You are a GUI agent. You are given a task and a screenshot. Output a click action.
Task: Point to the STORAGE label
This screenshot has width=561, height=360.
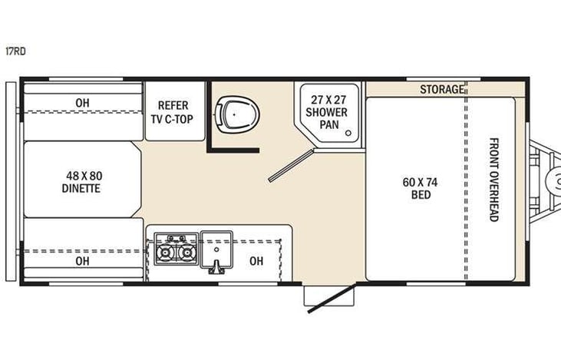pos(441,90)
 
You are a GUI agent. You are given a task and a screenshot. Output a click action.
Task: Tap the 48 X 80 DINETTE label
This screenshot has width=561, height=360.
pos(82,182)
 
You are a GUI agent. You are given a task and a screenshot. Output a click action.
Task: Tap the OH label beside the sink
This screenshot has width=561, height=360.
pos(256,261)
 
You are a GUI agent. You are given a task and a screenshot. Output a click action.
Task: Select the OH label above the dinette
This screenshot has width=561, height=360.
pos(82,104)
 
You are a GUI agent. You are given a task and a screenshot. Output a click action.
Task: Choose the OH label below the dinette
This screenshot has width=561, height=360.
pos(82,261)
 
